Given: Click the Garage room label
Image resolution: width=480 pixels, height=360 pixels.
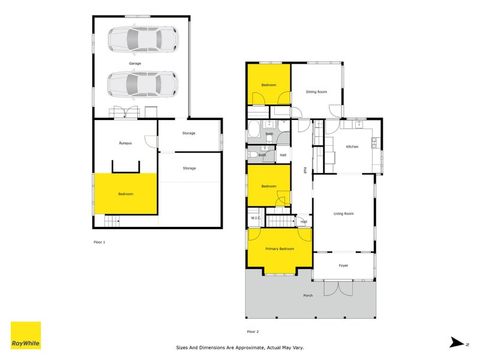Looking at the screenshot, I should click(134, 63).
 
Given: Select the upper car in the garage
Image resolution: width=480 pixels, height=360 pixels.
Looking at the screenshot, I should click(142, 41).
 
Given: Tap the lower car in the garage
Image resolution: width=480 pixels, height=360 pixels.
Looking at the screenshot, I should click(142, 83).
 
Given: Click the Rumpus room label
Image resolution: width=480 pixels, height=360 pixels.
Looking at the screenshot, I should click(125, 143).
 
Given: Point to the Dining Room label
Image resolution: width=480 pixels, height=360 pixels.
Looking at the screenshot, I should click(316, 92).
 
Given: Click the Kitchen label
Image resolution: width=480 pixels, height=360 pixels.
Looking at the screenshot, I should click(352, 147).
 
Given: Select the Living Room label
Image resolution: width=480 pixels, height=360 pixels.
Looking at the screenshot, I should click(344, 214).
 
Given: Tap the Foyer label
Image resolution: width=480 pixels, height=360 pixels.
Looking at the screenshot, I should click(343, 265).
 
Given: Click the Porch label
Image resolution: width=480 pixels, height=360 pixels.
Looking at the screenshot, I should click(308, 295).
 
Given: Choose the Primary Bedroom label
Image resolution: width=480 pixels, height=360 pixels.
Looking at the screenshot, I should click(280, 248).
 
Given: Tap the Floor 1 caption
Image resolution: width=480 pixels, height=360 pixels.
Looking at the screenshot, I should click(99, 242).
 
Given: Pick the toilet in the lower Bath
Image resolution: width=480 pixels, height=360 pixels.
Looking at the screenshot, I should click(254, 155).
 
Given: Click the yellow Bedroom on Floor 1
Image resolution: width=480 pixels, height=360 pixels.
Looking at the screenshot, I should click(125, 194).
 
